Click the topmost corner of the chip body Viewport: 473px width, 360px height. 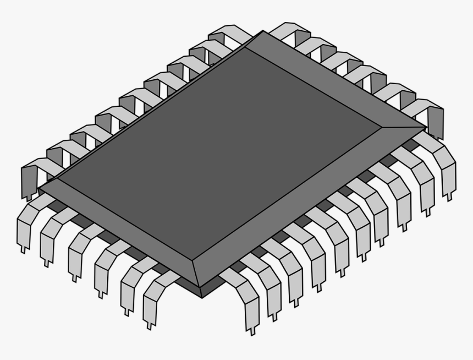[263, 31]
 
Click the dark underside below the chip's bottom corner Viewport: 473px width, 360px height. [201, 292]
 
